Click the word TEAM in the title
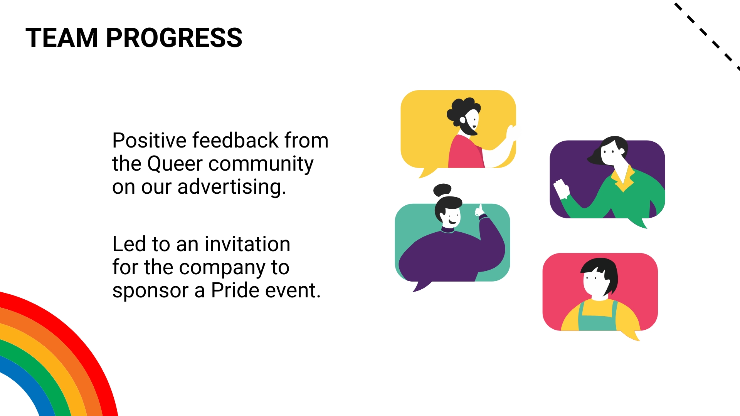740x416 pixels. pos(62,38)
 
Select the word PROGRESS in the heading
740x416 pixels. pos(174,38)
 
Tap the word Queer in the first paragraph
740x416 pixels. pos(175,164)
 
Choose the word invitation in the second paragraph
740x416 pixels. pos(247,244)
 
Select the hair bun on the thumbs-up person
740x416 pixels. pos(442,190)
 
